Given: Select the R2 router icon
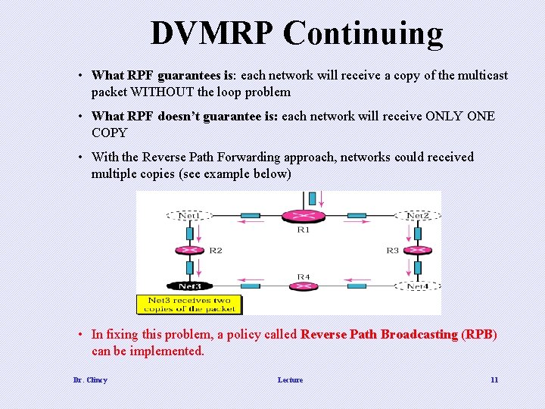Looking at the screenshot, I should click(x=189, y=250).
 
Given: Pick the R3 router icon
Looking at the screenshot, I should click(x=417, y=250).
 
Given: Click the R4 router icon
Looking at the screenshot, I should click(x=303, y=286).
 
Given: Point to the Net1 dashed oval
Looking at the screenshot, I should click(x=188, y=215).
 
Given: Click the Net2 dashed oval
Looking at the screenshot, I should click(x=417, y=215).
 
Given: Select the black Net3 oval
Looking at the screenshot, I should click(x=189, y=286).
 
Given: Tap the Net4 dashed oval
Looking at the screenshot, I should click(x=417, y=286).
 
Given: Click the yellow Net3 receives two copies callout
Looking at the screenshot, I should click(x=189, y=304).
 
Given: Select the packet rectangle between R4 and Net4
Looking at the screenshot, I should click(x=357, y=286).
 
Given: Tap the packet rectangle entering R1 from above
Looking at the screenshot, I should click(x=311, y=198).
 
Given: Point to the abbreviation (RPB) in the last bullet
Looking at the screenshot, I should click(x=479, y=335).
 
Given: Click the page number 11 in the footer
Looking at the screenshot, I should click(x=494, y=379).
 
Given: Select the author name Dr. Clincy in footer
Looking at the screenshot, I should click(x=90, y=379).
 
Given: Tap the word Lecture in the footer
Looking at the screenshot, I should click(x=290, y=379).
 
